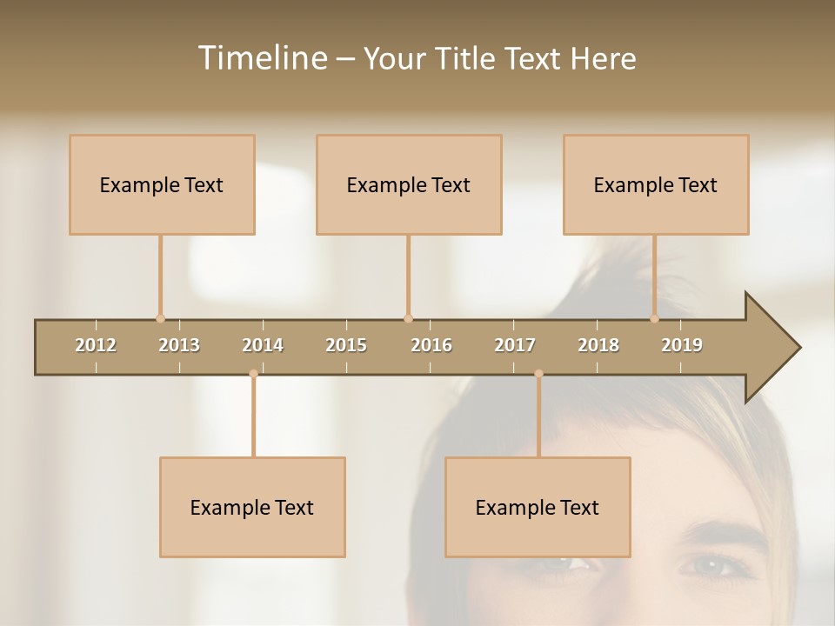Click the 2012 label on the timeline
[x=96, y=345]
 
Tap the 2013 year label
[x=179, y=345]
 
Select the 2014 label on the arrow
[x=263, y=345]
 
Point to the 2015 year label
[x=346, y=345]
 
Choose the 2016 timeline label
[x=431, y=345]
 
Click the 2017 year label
[x=515, y=345]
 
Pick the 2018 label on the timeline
[x=598, y=345]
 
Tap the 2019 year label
[x=682, y=345]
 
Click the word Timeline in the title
[x=261, y=58]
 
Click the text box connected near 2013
[x=162, y=184]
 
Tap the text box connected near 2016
[x=409, y=184]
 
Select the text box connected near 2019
[x=656, y=184]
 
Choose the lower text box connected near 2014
[x=252, y=507]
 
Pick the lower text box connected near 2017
[x=538, y=507]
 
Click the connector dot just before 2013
[x=160, y=318]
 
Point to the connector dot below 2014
[x=253, y=374]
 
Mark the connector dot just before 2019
[x=654, y=318]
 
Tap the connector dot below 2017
[x=538, y=374]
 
